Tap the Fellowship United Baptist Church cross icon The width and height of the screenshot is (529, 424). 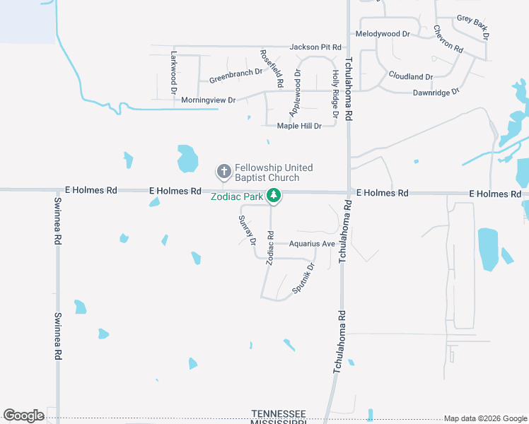[223, 171]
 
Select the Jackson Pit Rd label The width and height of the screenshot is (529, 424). [315, 47]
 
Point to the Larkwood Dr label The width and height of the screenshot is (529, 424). [173, 72]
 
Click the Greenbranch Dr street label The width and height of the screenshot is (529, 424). [236, 75]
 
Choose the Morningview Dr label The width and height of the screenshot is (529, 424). [208, 100]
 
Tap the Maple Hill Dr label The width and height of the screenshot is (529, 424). [300, 126]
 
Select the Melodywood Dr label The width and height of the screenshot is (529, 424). [383, 33]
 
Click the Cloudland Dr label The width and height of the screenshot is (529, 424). [410, 76]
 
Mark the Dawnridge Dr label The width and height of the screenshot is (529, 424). [436, 92]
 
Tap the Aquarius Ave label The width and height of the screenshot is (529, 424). [312, 244]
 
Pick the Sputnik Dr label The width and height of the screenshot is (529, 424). [303, 279]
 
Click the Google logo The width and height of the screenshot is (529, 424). [23, 416]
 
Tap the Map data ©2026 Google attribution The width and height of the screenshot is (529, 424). [484, 418]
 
